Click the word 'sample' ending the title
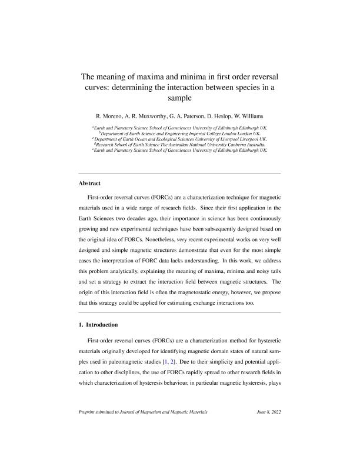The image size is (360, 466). coord(180,98)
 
